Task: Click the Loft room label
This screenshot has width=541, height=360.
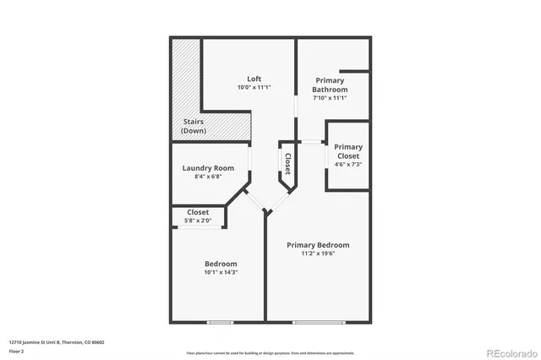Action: pyautogui.click(x=254, y=79)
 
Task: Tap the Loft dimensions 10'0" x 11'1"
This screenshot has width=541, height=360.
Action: pyautogui.click(x=254, y=88)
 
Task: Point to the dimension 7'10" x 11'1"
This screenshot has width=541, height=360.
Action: pyautogui.click(x=330, y=98)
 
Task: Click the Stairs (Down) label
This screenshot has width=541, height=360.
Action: pyautogui.click(x=194, y=127)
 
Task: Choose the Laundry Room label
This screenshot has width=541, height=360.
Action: pyautogui.click(x=208, y=167)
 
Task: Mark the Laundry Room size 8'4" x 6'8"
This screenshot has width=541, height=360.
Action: pyautogui.click(x=208, y=177)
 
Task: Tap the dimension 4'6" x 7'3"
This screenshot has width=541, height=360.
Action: pyautogui.click(x=348, y=164)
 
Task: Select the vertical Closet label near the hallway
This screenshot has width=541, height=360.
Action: pyautogui.click(x=287, y=163)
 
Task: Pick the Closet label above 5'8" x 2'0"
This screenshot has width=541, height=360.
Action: pyautogui.click(x=198, y=212)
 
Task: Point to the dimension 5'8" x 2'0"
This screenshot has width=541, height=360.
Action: pyautogui.click(x=198, y=221)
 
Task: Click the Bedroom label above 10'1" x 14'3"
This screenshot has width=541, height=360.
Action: pyautogui.click(x=220, y=264)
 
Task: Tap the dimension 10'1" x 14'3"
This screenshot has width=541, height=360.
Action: pyautogui.click(x=220, y=273)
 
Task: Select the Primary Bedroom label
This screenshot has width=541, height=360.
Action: pyautogui.click(x=318, y=245)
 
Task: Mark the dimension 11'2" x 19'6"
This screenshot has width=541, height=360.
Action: pyautogui.click(x=318, y=254)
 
